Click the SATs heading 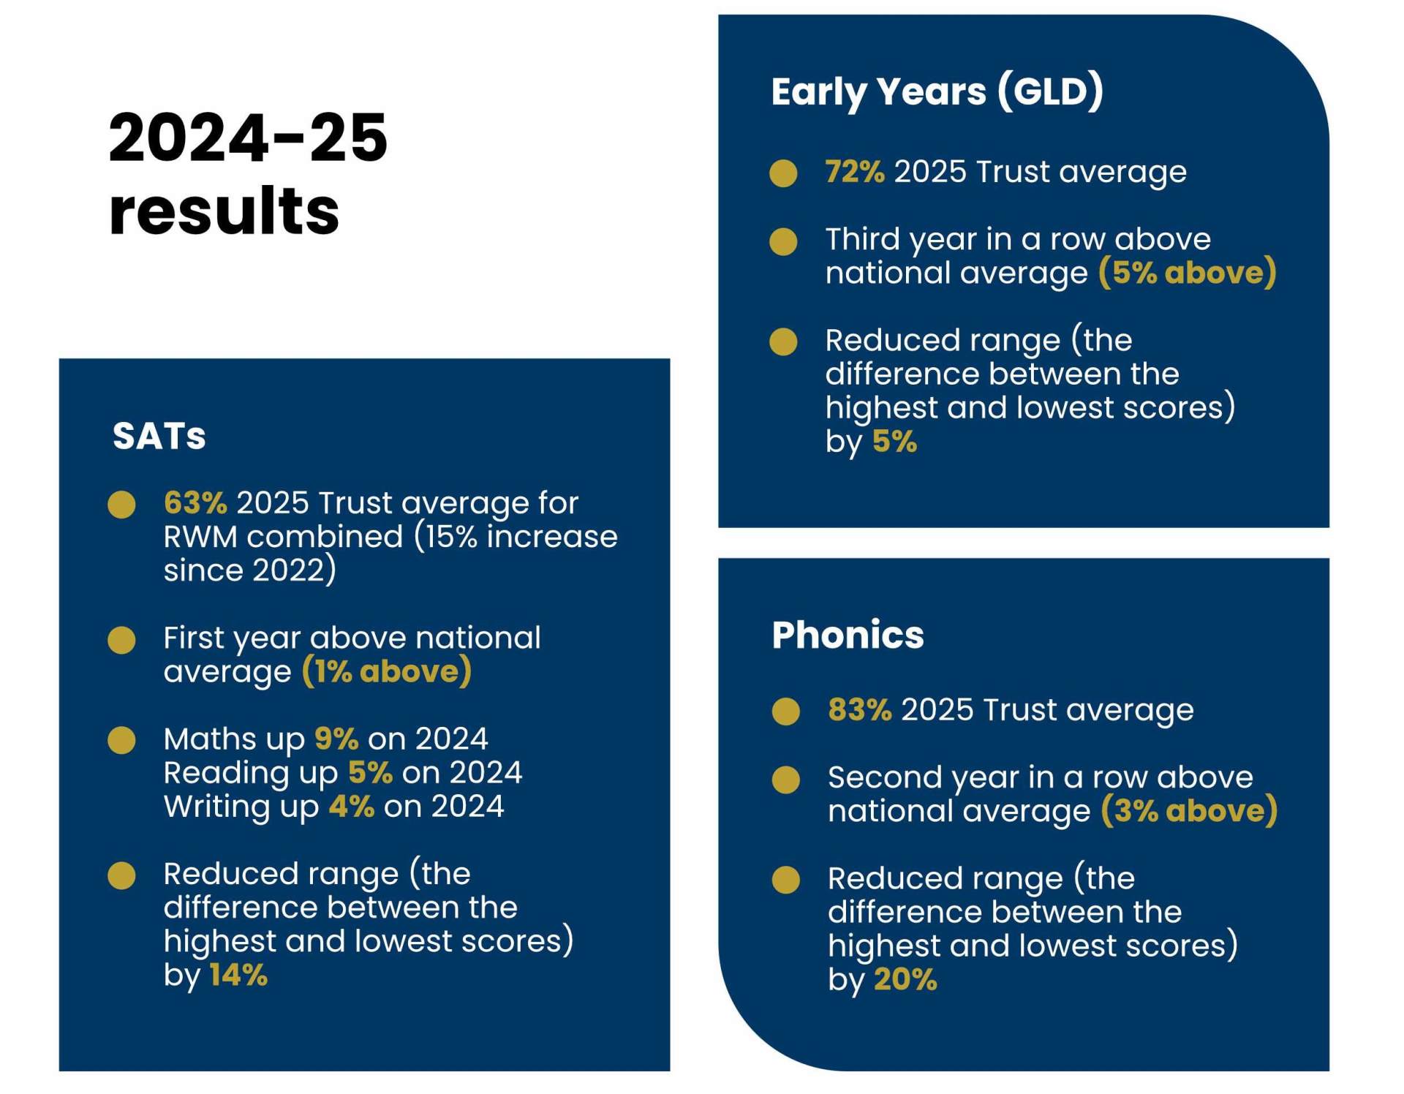coord(159,437)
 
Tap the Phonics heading coord(848,635)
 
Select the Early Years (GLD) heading coord(937,92)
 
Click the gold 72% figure coord(854,172)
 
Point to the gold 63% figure coord(195,503)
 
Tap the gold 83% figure coord(859,710)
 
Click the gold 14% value coord(238,976)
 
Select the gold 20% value coord(905,980)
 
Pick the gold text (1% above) coord(386,671)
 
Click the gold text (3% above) coord(1189,811)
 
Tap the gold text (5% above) coord(1187,273)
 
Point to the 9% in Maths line coord(336,739)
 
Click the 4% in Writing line coord(351,807)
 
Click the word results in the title coord(224,211)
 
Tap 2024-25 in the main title coord(247,138)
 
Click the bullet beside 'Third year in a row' coord(783,241)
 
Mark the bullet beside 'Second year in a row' coord(786,780)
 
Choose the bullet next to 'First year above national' coord(121,640)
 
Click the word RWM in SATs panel coord(200,537)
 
